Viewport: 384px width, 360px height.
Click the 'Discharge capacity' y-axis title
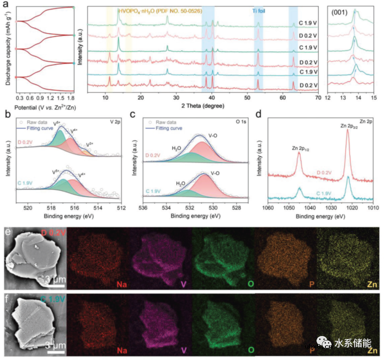click(x=6, y=47)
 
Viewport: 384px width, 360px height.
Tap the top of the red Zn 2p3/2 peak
click(x=347, y=130)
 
